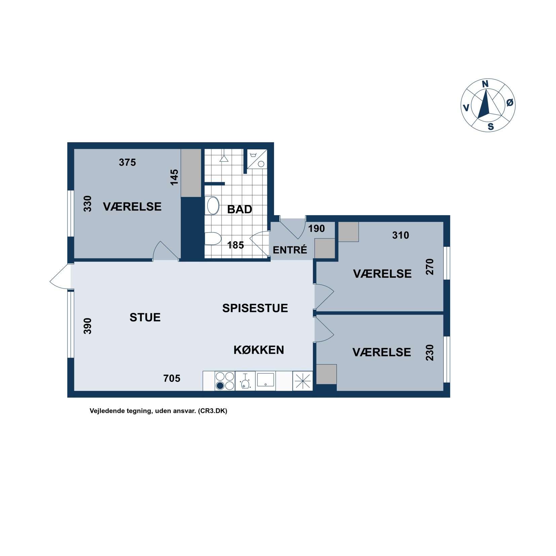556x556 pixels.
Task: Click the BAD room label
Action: click(x=239, y=209)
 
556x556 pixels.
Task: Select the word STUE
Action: click(x=145, y=317)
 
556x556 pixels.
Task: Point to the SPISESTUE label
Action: click(x=255, y=308)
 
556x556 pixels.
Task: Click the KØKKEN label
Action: click(x=259, y=350)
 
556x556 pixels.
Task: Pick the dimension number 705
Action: click(x=172, y=378)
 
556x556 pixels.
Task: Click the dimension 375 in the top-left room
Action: click(x=127, y=162)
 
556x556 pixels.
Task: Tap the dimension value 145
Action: click(x=174, y=177)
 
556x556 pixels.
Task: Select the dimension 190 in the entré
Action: click(x=316, y=229)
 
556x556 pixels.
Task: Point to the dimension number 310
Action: click(x=400, y=235)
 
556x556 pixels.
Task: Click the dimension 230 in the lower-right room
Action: click(x=430, y=353)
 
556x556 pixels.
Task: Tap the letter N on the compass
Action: click(x=485, y=84)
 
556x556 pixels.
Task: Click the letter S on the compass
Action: click(x=490, y=127)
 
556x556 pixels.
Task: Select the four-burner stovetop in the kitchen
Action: click(x=225, y=381)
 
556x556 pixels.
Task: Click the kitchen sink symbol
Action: click(x=265, y=380)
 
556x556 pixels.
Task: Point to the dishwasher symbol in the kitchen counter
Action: click(x=245, y=381)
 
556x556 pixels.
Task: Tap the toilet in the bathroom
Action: click(x=212, y=238)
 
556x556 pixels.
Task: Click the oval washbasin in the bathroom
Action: click(x=213, y=206)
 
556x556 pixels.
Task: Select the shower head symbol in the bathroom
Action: click(x=224, y=158)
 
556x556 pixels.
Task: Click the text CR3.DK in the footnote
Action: click(x=212, y=411)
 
